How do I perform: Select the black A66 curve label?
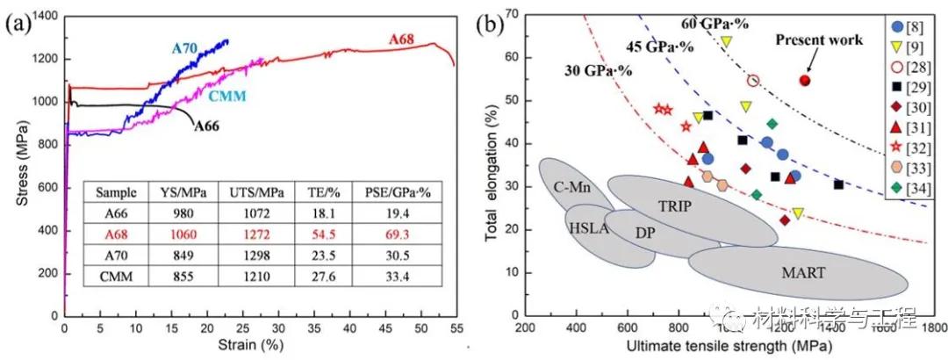pyautogui.click(x=205, y=126)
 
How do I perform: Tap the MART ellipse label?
pyautogui.click(x=803, y=272)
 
